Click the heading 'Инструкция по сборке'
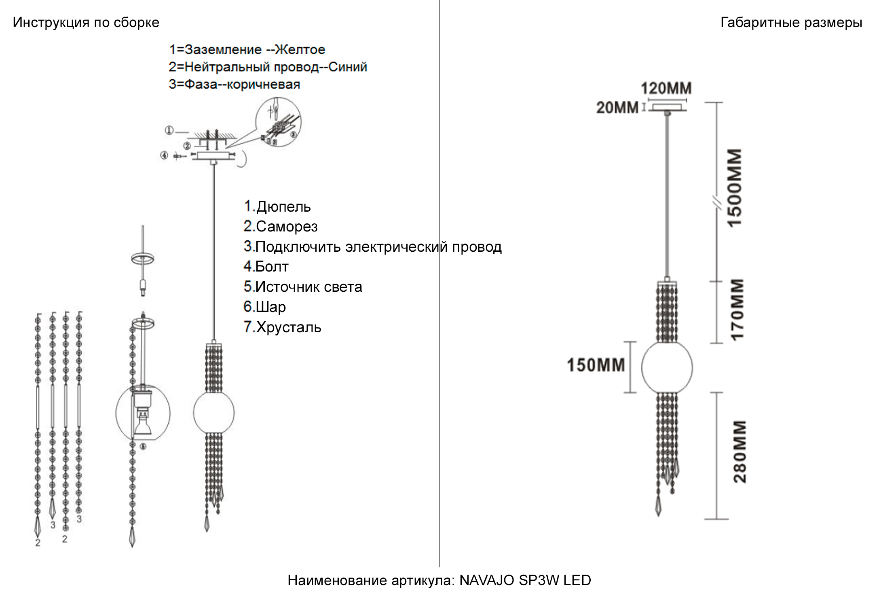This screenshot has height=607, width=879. click(x=86, y=23)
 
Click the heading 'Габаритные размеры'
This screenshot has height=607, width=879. click(x=791, y=23)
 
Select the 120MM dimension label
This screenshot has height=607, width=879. click(x=666, y=88)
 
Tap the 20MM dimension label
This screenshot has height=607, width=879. click(x=617, y=108)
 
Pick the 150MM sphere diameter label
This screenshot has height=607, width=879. click(x=596, y=365)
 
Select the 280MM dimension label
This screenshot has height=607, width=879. click(x=740, y=452)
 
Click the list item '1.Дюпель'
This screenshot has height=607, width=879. click(x=277, y=207)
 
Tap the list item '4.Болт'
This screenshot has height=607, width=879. click(x=266, y=267)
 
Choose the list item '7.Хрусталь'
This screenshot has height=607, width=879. click(x=282, y=327)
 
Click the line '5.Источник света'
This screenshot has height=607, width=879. click(x=303, y=287)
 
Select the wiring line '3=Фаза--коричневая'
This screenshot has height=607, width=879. click(x=235, y=85)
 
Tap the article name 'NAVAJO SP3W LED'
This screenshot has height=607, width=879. click(x=525, y=580)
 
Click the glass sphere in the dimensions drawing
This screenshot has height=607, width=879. click(x=667, y=367)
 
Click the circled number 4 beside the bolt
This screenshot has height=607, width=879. click(x=164, y=155)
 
